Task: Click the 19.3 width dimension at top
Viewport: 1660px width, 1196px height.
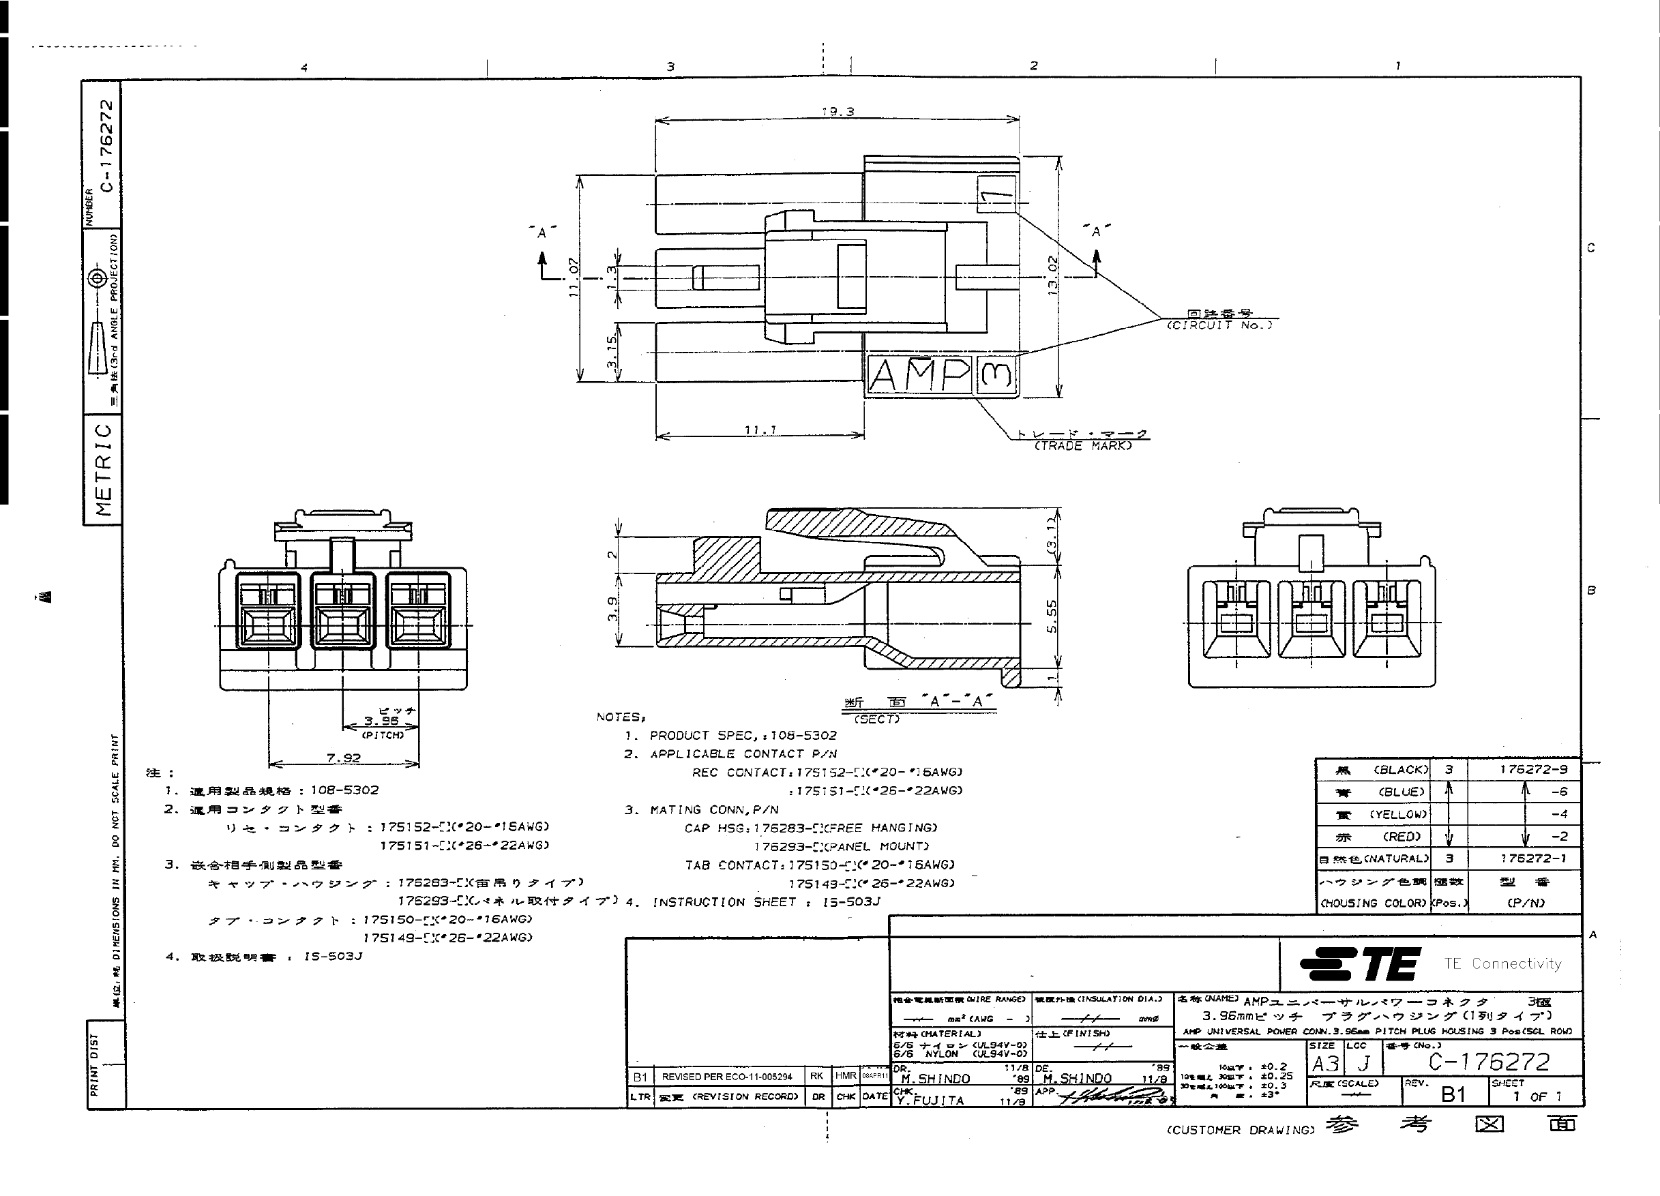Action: tap(838, 112)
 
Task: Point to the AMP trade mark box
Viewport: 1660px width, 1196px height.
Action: tap(919, 376)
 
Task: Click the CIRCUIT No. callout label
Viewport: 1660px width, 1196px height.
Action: tap(1219, 325)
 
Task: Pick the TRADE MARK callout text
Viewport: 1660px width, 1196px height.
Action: tap(1082, 446)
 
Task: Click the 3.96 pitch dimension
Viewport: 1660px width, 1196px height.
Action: tap(381, 720)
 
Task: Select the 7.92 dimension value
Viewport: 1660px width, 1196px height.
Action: tap(343, 758)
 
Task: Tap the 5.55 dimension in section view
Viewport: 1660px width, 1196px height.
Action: tap(1052, 616)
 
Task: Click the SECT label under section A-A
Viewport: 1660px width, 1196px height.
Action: tap(877, 719)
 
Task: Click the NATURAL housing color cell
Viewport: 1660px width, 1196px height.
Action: tap(1372, 858)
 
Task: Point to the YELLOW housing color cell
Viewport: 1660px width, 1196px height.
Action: tap(1372, 814)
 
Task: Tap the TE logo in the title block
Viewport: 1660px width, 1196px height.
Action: tap(1361, 964)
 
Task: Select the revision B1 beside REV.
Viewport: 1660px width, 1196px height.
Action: tap(1453, 1094)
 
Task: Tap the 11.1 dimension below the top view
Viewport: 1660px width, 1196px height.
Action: tap(760, 430)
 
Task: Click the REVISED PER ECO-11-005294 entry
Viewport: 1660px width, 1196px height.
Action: tap(726, 1077)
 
